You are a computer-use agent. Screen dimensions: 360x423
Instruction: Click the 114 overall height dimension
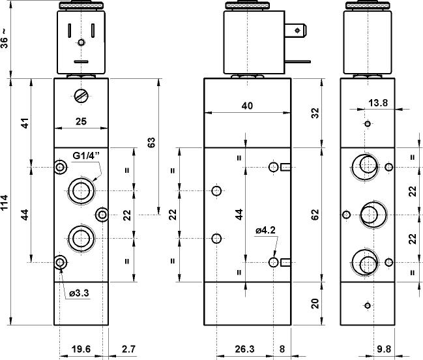6,202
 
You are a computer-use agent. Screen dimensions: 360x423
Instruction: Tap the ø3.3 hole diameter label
79,293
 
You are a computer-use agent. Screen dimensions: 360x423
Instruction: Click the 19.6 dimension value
81,350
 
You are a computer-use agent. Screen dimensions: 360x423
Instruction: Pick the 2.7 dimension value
128,350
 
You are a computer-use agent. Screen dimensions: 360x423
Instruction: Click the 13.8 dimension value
378,102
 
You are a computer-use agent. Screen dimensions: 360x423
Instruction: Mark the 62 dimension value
315,214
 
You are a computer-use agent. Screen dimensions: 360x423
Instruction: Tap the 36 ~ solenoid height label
6,40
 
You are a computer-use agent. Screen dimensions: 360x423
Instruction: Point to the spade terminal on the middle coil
298,30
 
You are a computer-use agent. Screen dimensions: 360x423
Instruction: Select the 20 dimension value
315,303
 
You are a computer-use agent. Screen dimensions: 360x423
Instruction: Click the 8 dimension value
282,350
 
